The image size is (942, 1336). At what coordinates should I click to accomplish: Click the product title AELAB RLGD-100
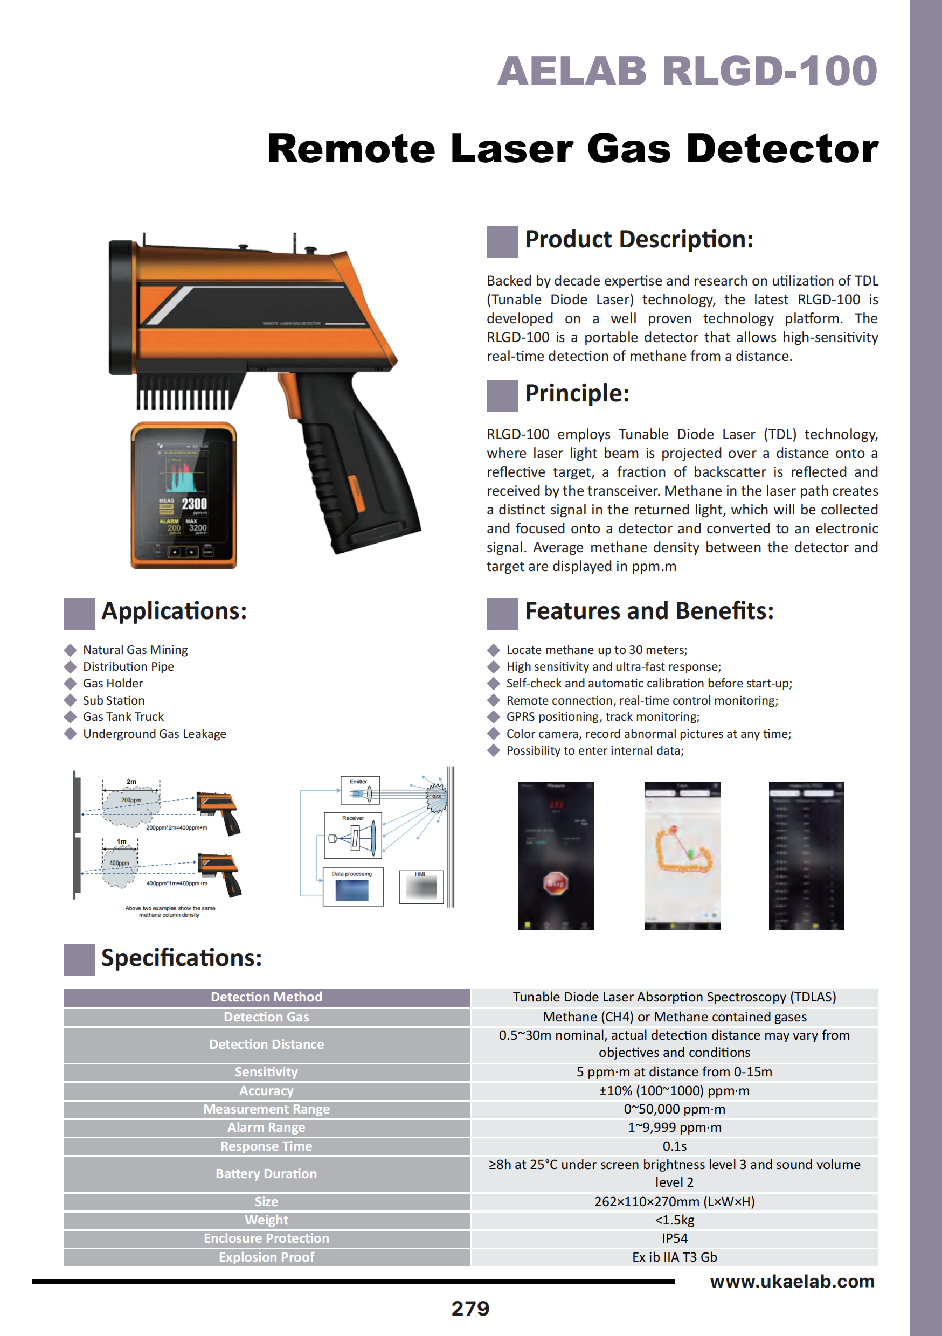[687, 72]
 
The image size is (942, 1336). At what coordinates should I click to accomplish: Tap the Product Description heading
[639, 239]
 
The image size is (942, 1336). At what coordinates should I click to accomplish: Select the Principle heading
[577, 393]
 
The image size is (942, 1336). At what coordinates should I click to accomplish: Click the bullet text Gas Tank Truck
[123, 717]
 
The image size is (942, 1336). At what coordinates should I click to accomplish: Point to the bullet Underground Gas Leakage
[154, 734]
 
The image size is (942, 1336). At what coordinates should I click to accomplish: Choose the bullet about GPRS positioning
[602, 717]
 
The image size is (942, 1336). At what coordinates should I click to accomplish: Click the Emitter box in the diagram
[360, 790]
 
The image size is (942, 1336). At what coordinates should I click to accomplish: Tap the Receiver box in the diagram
[353, 835]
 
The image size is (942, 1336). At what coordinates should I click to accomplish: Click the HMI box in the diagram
[421, 887]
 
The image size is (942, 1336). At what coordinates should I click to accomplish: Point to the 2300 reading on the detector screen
[194, 504]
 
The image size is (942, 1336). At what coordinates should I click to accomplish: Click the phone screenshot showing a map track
[682, 855]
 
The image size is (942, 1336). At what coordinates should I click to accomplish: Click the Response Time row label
[266, 1146]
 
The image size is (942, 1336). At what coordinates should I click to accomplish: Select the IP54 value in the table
[674, 1238]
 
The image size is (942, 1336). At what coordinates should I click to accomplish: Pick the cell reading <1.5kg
[674, 1220]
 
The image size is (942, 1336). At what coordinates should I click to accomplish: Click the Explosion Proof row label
[266, 1257]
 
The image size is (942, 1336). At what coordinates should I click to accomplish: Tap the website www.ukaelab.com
[792, 1281]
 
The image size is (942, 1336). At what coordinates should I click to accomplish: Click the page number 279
[470, 1309]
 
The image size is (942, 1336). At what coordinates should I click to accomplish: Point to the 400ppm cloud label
[119, 863]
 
